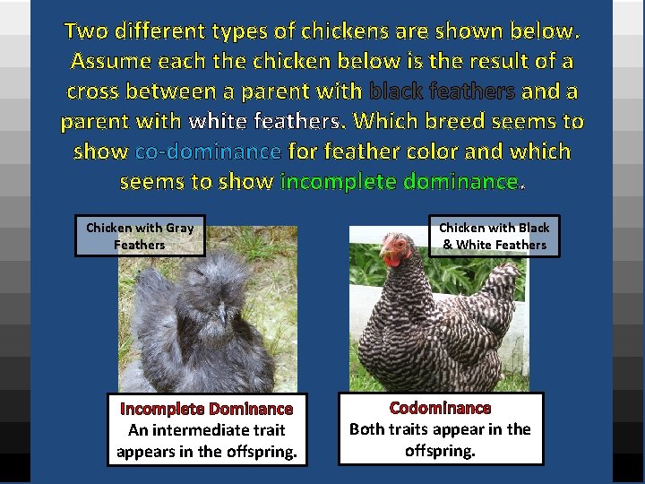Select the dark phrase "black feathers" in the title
point(442,91)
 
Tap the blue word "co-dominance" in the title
point(208,151)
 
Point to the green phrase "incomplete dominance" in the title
point(400,182)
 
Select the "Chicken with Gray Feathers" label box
point(140,237)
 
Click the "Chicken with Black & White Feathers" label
point(494,237)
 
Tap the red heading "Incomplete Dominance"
point(207,409)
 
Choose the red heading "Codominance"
point(440,408)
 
